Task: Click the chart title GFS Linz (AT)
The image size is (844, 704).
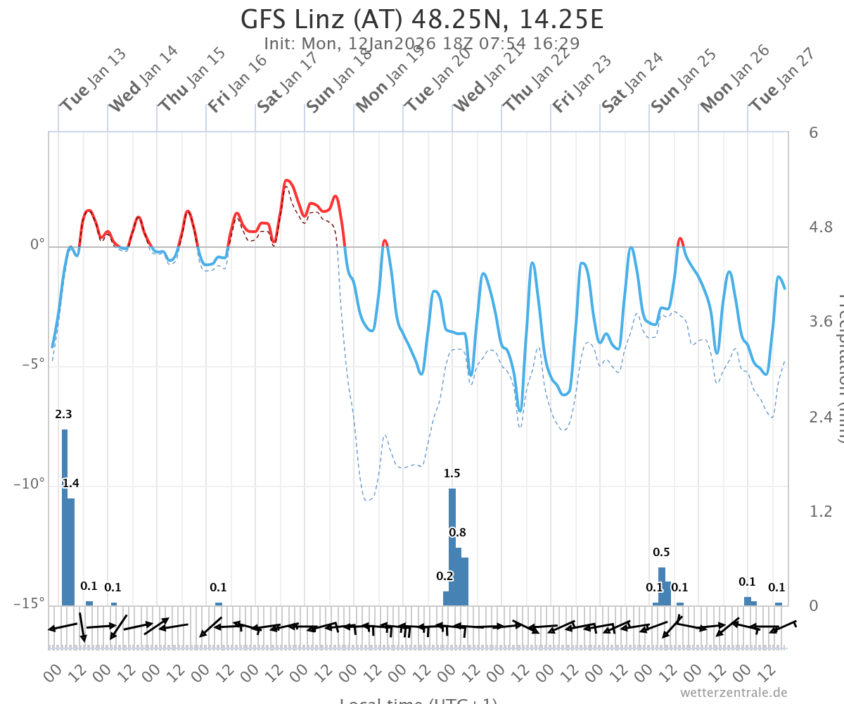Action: click(x=422, y=20)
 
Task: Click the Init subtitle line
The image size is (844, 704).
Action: click(x=422, y=44)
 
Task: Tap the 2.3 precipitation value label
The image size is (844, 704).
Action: click(x=64, y=415)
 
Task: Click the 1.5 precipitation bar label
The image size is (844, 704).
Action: click(x=452, y=474)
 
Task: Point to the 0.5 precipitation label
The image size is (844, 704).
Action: click(x=661, y=552)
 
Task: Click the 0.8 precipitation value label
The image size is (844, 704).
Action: click(x=458, y=532)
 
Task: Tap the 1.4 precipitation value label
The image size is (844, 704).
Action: click(x=70, y=483)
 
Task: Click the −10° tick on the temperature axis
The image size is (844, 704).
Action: click(x=29, y=484)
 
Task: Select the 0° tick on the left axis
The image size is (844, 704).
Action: click(x=37, y=246)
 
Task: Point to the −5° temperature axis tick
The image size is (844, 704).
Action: click(x=32, y=365)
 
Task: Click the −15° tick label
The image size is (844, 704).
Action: click(x=29, y=603)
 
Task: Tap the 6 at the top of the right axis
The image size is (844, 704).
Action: click(x=813, y=132)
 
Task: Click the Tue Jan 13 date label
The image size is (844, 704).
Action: click(x=91, y=82)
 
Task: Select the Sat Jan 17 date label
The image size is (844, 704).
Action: click(x=288, y=82)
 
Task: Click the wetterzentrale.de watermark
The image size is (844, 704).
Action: click(x=734, y=693)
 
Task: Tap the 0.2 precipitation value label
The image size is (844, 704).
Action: click(x=445, y=576)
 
